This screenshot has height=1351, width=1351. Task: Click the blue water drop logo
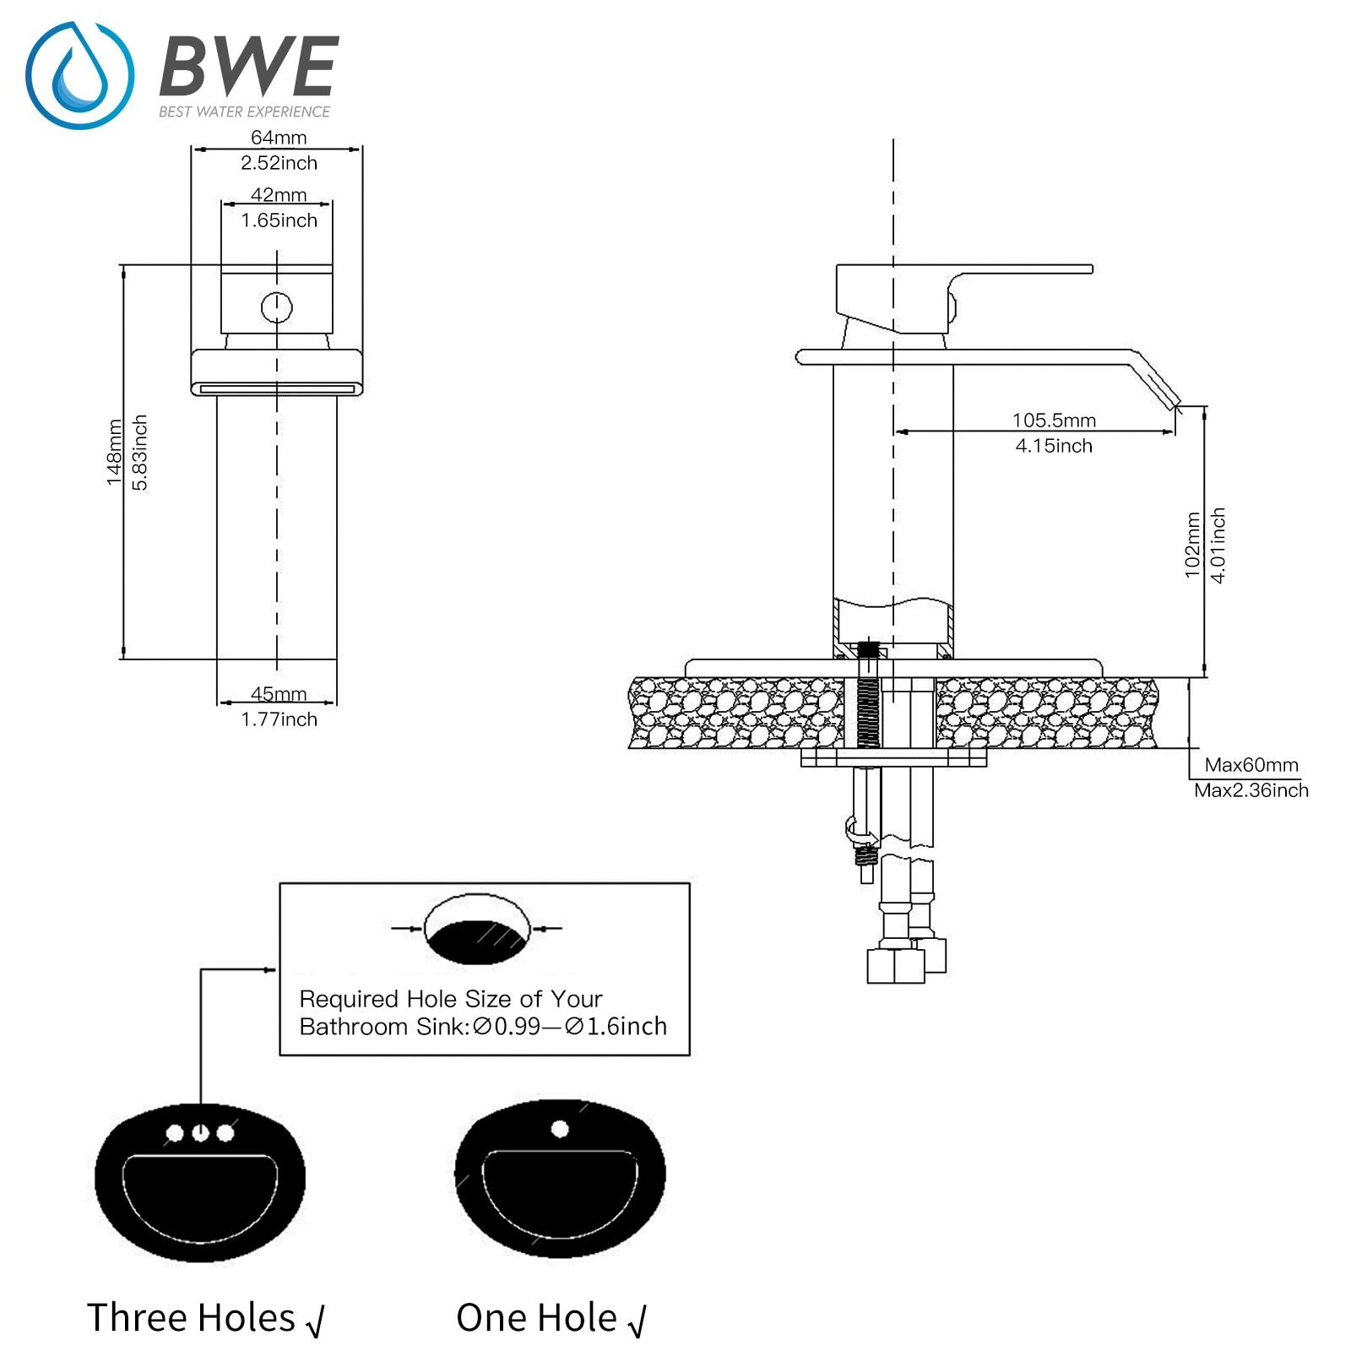click(79, 76)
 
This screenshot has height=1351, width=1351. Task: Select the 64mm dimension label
click(279, 137)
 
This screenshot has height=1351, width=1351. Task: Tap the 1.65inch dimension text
click(279, 220)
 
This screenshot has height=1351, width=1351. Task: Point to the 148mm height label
click(114, 453)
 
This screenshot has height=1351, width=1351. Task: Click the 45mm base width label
click(279, 694)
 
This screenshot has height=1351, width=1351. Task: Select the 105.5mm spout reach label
click(1054, 420)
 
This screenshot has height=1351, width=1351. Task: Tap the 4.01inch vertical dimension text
click(1218, 545)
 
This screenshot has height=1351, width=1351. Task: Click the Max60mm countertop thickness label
click(1251, 765)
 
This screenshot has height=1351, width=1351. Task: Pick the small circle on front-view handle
click(277, 307)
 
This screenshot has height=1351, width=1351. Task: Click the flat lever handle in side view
click(1022, 271)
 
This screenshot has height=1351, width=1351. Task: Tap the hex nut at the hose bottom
click(895, 966)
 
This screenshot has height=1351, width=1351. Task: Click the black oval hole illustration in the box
click(478, 939)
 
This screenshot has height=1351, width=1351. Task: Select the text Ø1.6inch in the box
click(616, 1027)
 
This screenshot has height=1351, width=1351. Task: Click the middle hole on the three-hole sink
click(200, 1132)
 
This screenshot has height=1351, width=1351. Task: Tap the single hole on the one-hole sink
click(560, 1128)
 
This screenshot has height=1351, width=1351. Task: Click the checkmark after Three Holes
click(315, 1321)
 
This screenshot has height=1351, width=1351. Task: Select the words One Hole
click(536, 1318)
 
